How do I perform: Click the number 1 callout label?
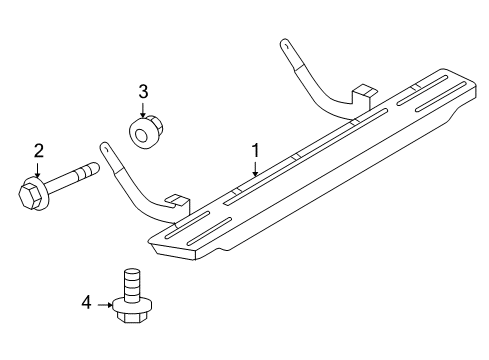click(x=256, y=150)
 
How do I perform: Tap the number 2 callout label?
click(x=38, y=152)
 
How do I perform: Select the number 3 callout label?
click(x=143, y=92)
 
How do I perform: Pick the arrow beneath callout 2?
click(x=38, y=171)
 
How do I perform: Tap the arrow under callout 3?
click(x=143, y=110)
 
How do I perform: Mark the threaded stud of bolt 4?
click(x=128, y=279)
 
